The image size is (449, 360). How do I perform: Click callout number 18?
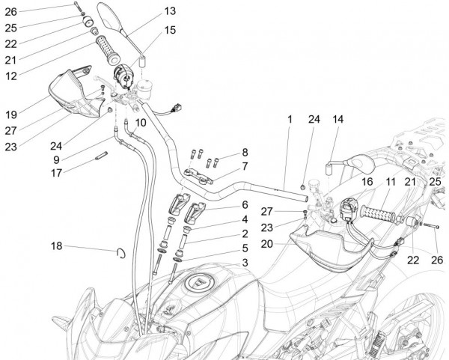[x=58, y=246]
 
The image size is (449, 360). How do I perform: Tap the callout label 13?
[x=170, y=11]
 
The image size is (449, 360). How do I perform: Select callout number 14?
[x=337, y=119]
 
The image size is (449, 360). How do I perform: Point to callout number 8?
[x=243, y=151]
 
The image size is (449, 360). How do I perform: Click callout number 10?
[x=140, y=122]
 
